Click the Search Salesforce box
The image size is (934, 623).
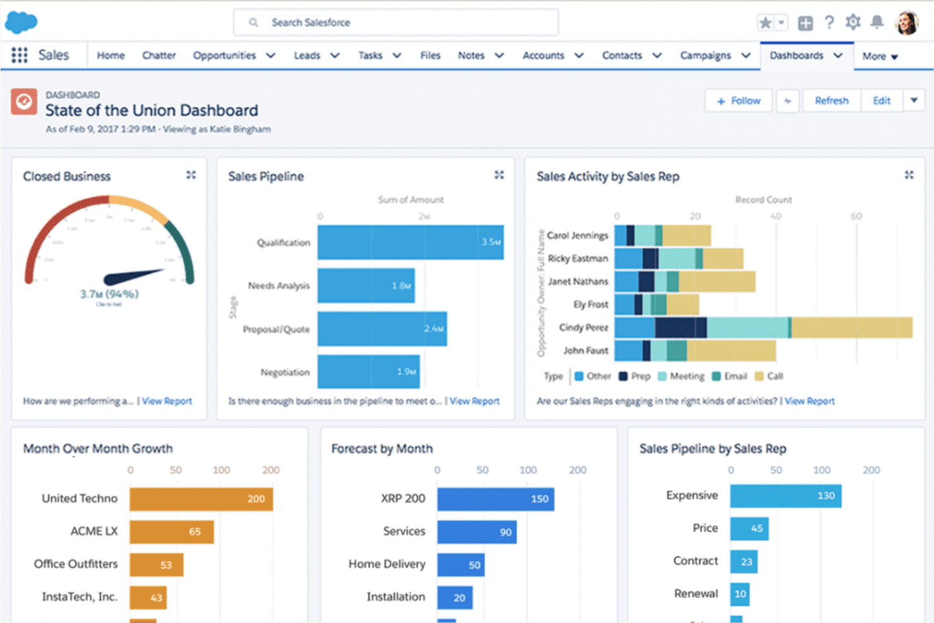coord(396,23)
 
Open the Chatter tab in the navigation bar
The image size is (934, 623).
coord(158,56)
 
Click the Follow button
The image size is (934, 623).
coord(738,101)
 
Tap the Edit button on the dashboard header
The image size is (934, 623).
coord(881,101)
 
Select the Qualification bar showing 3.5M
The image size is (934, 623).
coord(410,242)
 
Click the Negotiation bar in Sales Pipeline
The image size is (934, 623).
coord(368,372)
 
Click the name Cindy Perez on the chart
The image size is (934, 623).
coord(583,328)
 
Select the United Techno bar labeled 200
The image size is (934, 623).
coord(201,499)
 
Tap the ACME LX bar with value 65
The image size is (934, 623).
coord(171,531)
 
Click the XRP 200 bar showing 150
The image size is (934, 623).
coord(495,499)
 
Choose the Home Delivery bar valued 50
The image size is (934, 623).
coord(461,565)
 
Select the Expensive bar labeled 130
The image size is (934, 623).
coord(785,496)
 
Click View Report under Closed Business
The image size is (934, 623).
coord(167,401)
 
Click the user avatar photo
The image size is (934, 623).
coord(907,23)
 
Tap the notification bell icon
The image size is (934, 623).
coord(877,23)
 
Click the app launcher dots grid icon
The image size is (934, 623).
coord(20,56)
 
